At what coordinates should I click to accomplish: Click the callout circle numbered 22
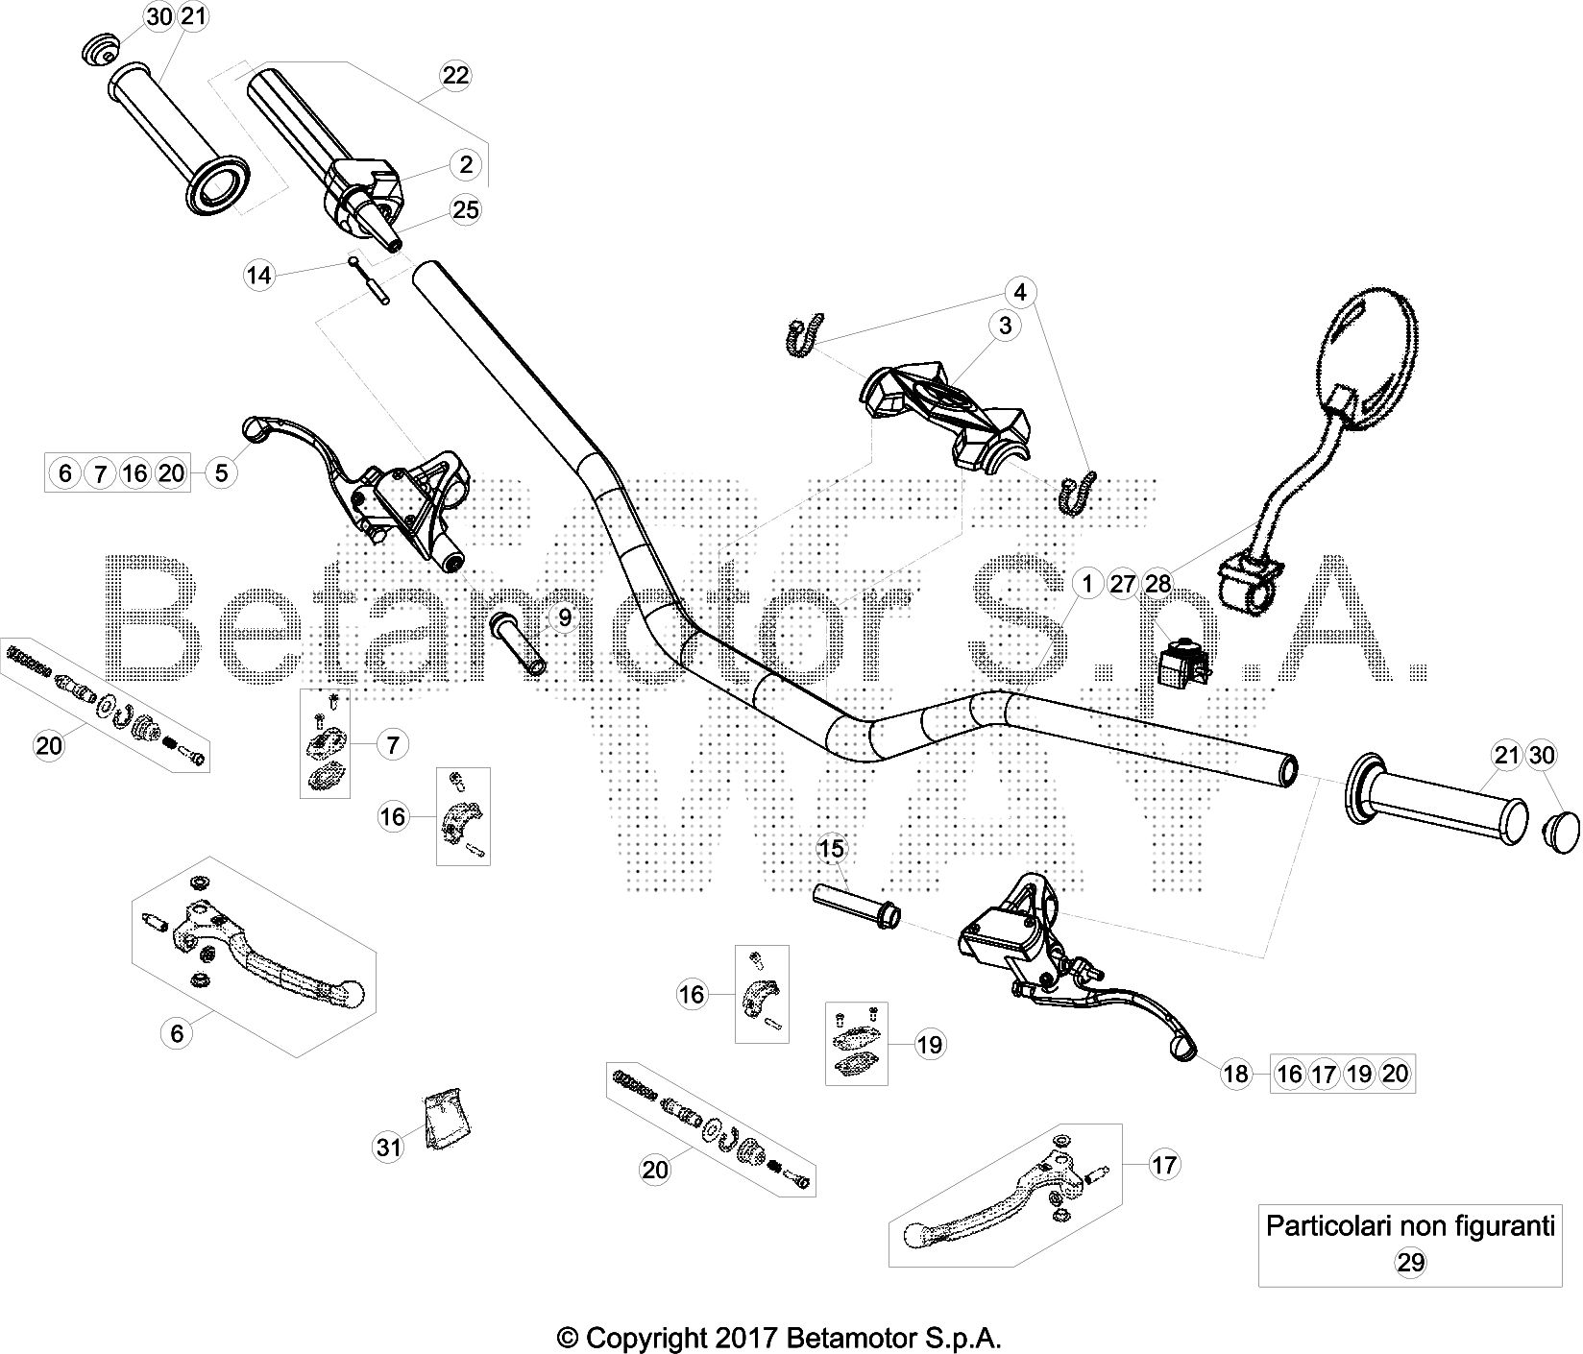pyautogui.click(x=455, y=75)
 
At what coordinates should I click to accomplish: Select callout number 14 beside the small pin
pyautogui.click(x=257, y=277)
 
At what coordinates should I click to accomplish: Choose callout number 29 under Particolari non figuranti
pyautogui.click(x=1410, y=1263)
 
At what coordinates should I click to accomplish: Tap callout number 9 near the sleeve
pyautogui.click(x=565, y=617)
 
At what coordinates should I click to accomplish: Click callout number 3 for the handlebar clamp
pyautogui.click(x=1005, y=326)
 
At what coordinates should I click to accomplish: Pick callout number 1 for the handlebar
pyautogui.click(x=1087, y=584)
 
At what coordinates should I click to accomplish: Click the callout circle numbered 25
pyautogui.click(x=466, y=209)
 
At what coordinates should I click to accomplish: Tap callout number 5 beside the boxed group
pyautogui.click(x=222, y=472)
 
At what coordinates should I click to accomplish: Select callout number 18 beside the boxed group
pyautogui.click(x=1236, y=1074)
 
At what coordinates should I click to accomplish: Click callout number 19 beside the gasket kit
pyautogui.click(x=930, y=1044)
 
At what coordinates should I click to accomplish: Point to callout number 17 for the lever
pyautogui.click(x=1163, y=1166)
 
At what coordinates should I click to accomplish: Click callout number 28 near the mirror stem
pyautogui.click(x=1158, y=584)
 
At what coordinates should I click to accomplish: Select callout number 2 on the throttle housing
pyautogui.click(x=466, y=164)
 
